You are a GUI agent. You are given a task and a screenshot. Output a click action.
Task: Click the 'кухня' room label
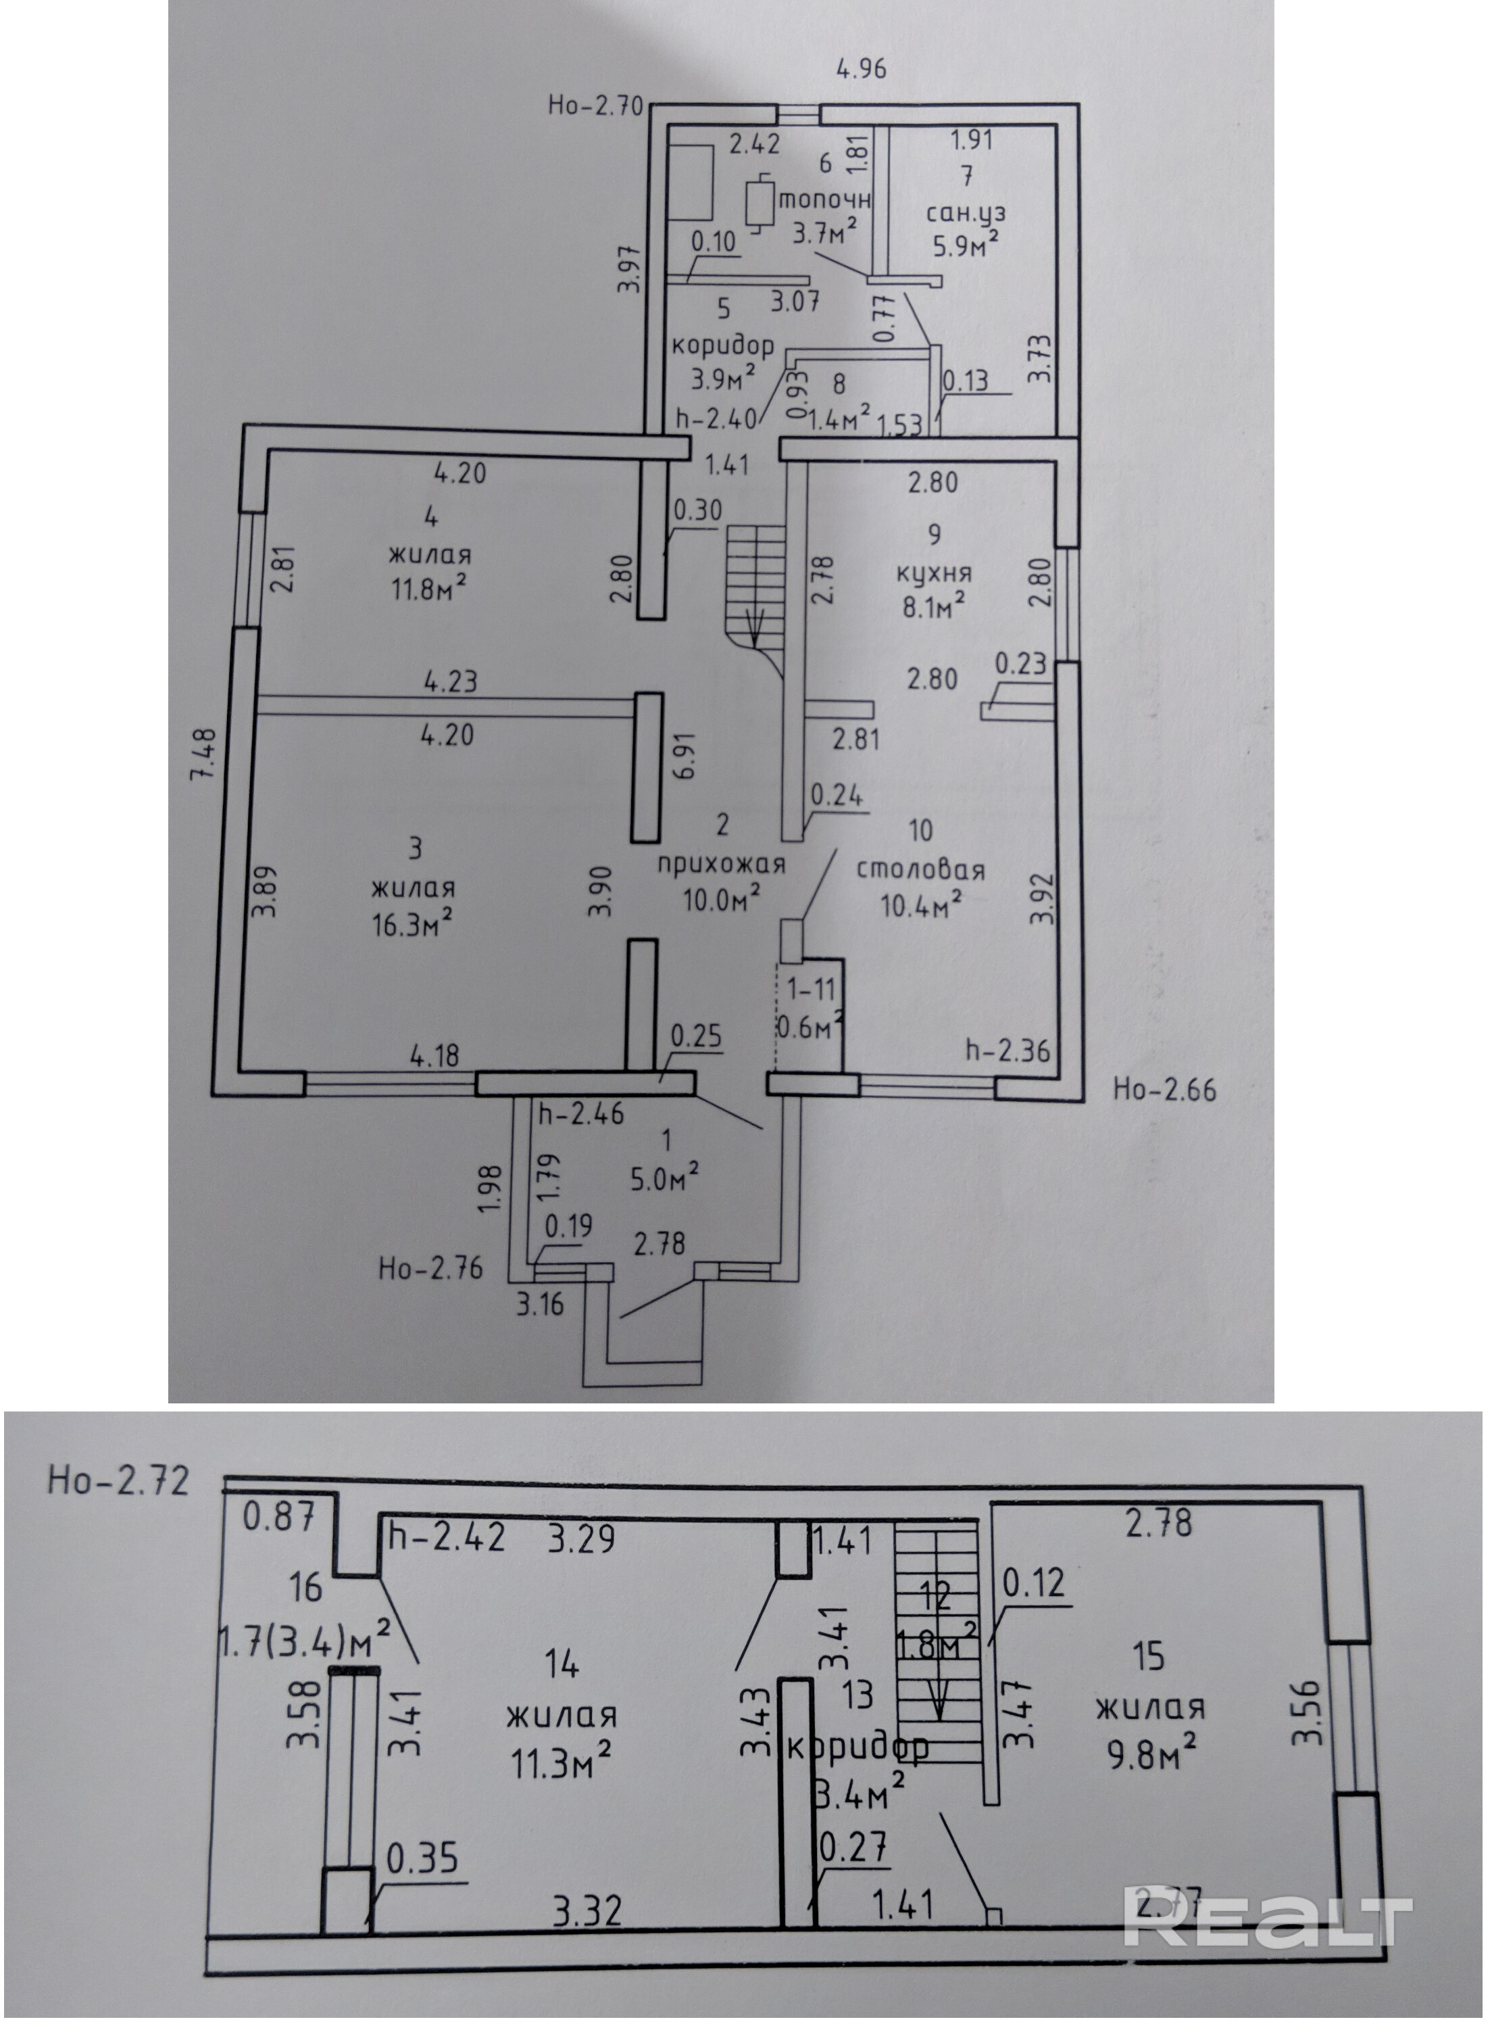click(x=934, y=574)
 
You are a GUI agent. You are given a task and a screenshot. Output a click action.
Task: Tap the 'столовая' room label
click(x=920, y=870)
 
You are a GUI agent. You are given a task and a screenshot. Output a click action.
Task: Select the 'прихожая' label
click(x=721, y=865)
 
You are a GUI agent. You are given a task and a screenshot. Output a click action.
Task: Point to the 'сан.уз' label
click(x=966, y=214)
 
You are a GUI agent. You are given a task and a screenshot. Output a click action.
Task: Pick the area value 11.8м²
click(x=428, y=589)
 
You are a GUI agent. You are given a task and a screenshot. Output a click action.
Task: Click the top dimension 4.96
click(x=861, y=69)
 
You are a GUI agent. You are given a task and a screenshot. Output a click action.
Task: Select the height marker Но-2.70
click(x=595, y=105)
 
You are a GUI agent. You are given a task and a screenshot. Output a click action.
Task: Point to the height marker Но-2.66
click(x=1164, y=1090)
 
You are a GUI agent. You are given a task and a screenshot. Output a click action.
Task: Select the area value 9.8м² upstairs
click(x=1151, y=1756)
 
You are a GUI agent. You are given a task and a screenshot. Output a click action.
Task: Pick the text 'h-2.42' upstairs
click(x=446, y=1537)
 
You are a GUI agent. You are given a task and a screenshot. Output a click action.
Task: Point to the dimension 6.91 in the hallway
click(x=685, y=755)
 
